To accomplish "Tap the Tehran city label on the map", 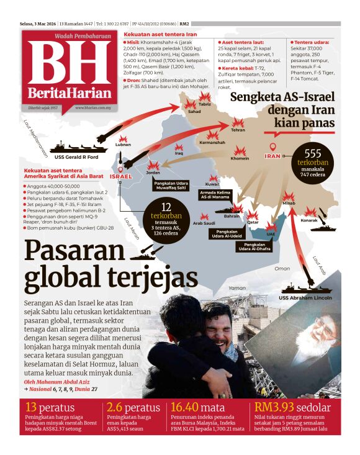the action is click(238, 130).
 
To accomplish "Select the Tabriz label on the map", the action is click(205, 104).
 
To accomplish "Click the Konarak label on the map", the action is click(309, 220).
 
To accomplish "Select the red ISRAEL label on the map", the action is click(120, 177).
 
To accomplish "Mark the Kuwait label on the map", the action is click(212, 184).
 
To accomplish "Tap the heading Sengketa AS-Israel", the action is click(282, 97).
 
